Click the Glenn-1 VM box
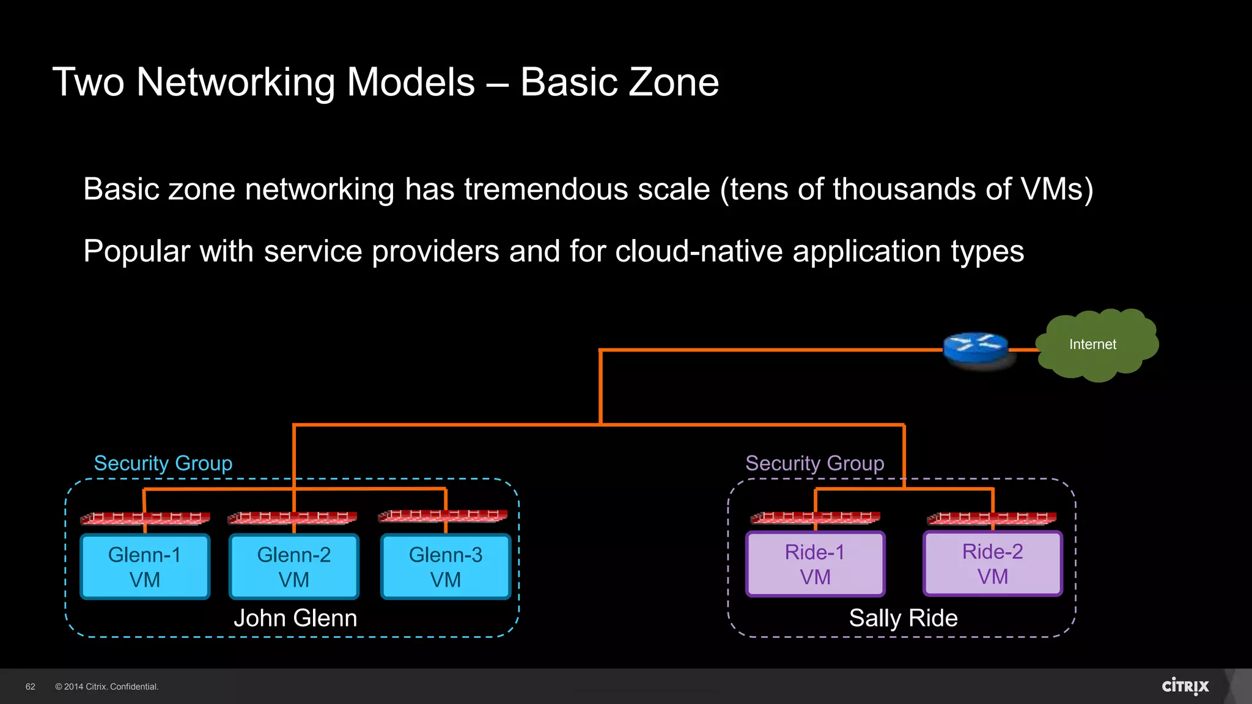(x=145, y=566)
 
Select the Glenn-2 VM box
(x=294, y=566)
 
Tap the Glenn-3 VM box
(x=446, y=566)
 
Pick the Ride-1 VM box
(x=815, y=564)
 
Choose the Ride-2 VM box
(x=992, y=563)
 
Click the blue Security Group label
(x=163, y=463)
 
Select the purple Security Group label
(x=814, y=463)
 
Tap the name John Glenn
(x=295, y=618)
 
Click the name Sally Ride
(x=903, y=618)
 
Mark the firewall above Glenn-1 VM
(x=145, y=518)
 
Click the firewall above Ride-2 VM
(x=992, y=518)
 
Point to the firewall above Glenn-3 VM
(x=443, y=515)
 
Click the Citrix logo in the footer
(x=1185, y=686)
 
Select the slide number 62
(x=31, y=687)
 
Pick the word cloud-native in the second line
(x=699, y=251)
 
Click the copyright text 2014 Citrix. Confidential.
(x=107, y=687)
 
